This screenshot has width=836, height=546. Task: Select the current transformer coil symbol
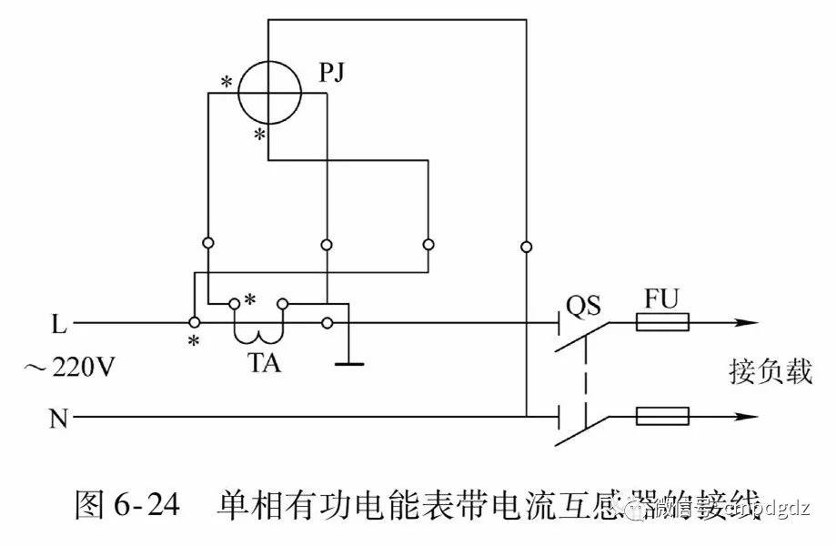(259, 329)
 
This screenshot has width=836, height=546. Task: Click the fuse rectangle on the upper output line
(662, 322)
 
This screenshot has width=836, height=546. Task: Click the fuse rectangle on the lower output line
(662, 418)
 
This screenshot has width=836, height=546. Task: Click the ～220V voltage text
(70, 369)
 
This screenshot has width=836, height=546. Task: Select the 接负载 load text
(770, 371)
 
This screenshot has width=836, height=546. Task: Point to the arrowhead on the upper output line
(745, 322)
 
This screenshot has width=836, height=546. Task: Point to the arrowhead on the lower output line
(745, 418)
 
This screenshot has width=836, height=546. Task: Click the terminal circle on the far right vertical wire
(527, 246)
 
